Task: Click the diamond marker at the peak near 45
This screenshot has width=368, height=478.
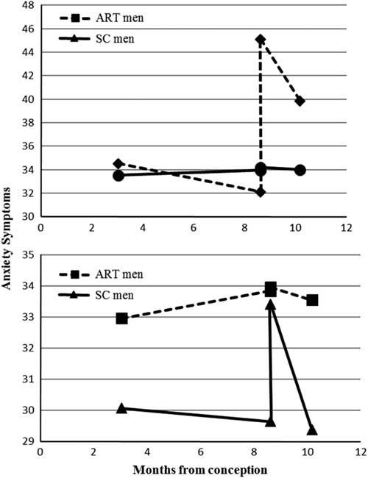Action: [261, 40]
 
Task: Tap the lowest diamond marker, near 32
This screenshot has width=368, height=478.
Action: [261, 192]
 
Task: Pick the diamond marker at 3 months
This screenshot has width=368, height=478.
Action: [118, 164]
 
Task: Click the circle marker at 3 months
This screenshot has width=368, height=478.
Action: [118, 175]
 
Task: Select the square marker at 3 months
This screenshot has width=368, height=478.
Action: [122, 318]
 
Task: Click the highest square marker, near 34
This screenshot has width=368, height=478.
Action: [271, 288]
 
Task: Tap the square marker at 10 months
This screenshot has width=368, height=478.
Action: [312, 300]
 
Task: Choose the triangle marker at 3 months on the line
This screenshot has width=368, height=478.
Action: [122, 407]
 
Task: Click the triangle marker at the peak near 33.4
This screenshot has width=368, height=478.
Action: [271, 304]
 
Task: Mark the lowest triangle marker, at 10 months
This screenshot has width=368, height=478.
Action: [312, 430]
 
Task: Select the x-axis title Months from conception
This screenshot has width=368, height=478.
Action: [200, 468]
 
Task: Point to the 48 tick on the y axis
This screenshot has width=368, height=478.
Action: [28, 5]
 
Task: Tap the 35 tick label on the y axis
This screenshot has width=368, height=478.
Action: [28, 255]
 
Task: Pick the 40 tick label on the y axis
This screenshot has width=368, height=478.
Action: [28, 99]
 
